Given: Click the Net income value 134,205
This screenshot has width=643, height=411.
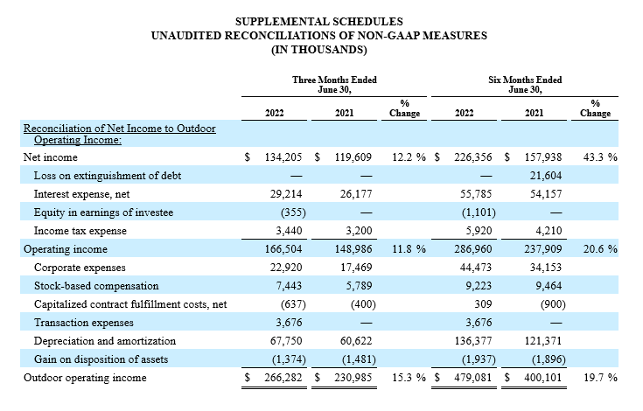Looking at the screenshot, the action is pyautogui.click(x=283, y=157).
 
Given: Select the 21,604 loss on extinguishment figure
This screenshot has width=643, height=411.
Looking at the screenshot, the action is pyautogui.click(x=546, y=176).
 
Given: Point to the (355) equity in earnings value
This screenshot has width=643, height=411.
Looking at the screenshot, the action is pyautogui.click(x=293, y=212).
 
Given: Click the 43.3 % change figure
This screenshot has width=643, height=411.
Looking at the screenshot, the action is pyautogui.click(x=600, y=157).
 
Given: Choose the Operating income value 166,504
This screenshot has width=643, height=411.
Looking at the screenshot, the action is pyautogui.click(x=283, y=249).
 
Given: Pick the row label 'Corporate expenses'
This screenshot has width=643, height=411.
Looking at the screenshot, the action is pyautogui.click(x=80, y=268).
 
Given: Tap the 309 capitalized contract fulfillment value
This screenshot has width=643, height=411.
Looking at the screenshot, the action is pyautogui.click(x=483, y=304).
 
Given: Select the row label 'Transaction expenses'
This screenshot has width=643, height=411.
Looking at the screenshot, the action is pyautogui.click(x=84, y=323).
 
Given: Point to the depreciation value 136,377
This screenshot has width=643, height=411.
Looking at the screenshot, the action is pyautogui.click(x=473, y=341).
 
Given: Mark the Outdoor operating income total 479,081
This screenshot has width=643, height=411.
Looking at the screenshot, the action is pyautogui.click(x=472, y=378).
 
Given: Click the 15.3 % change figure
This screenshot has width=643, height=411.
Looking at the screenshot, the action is pyautogui.click(x=409, y=378).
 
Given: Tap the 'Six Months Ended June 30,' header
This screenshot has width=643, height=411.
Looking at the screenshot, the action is pyautogui.click(x=525, y=85).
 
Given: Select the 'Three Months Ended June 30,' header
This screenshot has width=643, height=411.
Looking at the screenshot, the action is pyautogui.click(x=334, y=85).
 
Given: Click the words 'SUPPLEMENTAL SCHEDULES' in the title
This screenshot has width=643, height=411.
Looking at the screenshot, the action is pyautogui.click(x=319, y=21).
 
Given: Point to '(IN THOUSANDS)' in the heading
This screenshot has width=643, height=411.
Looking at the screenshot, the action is pyautogui.click(x=319, y=50).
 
